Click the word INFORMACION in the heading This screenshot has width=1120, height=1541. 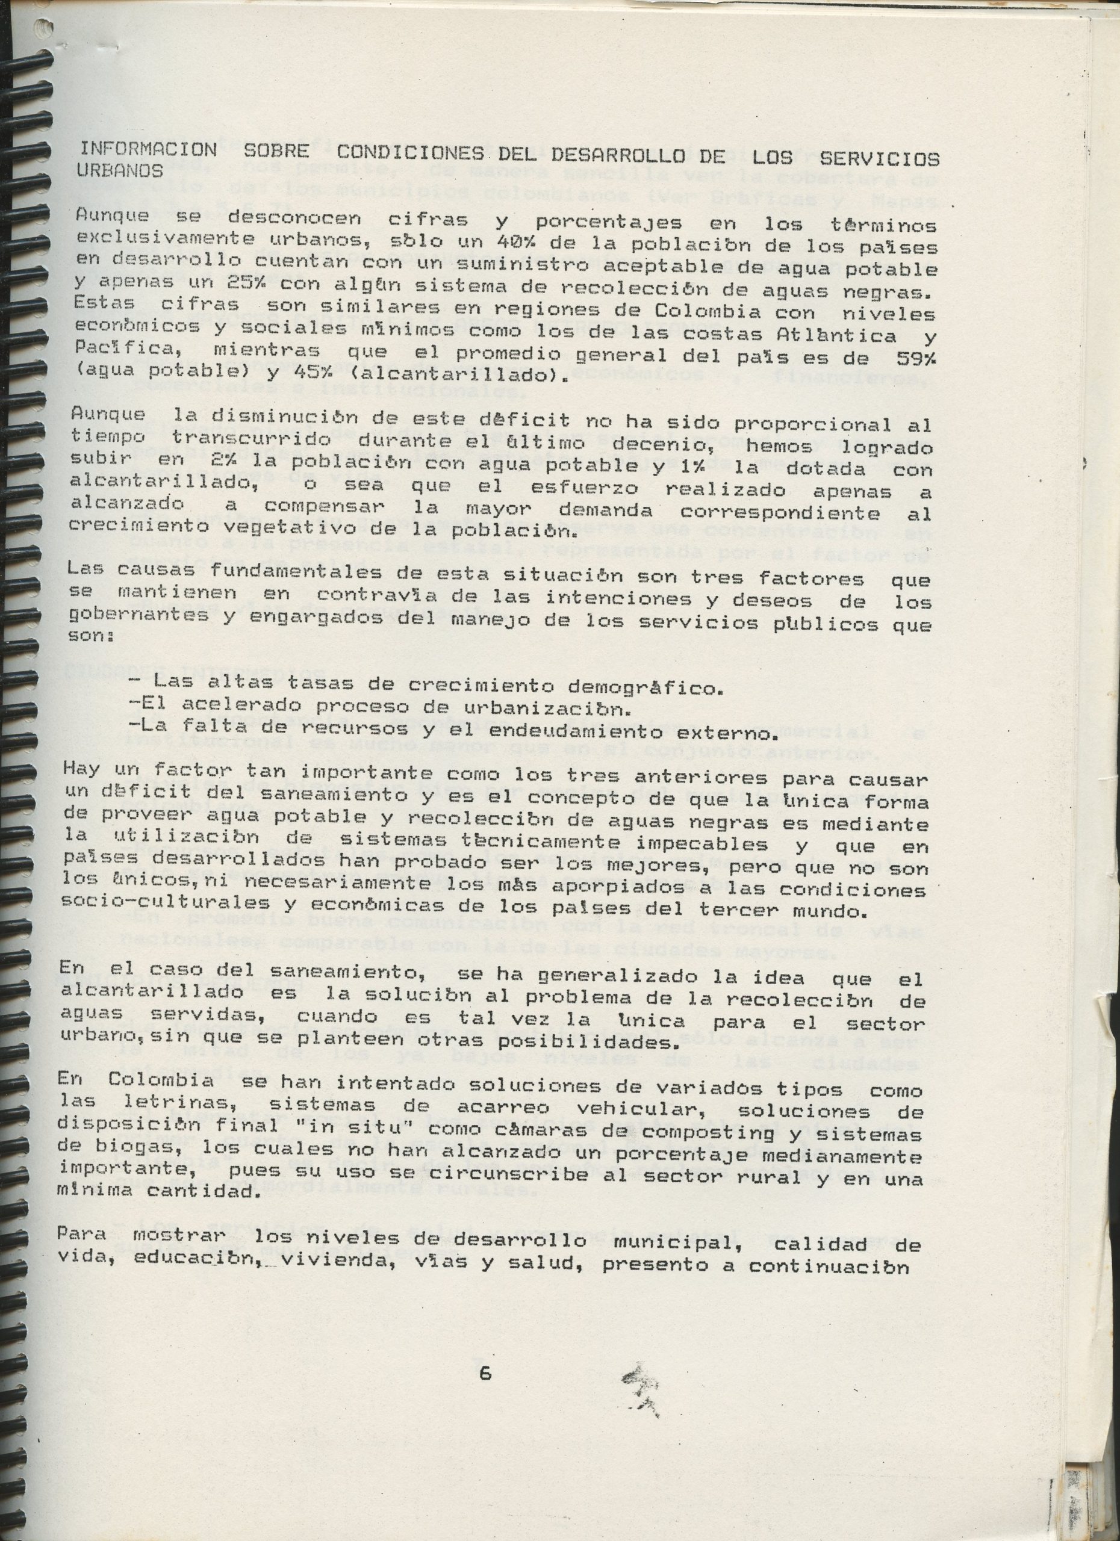(x=148, y=149)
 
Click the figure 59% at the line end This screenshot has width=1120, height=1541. (x=909, y=354)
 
